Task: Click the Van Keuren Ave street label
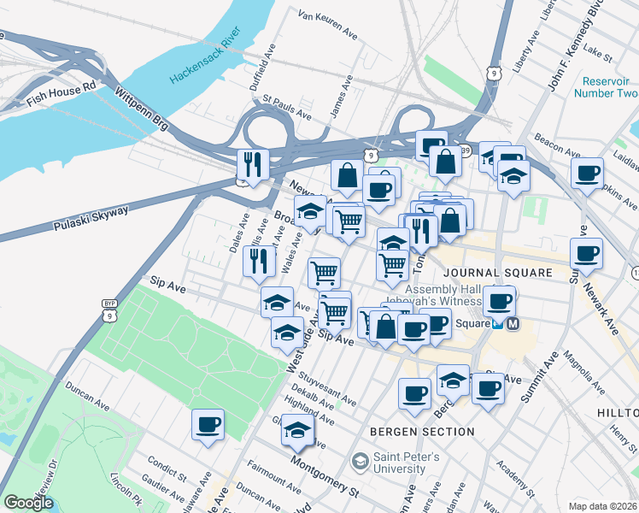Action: (327, 26)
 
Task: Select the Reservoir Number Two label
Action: (610, 86)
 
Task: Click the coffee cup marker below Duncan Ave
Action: (208, 424)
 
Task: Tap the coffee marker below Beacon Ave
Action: (587, 174)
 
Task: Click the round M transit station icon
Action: (514, 324)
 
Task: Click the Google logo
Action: (29, 503)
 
